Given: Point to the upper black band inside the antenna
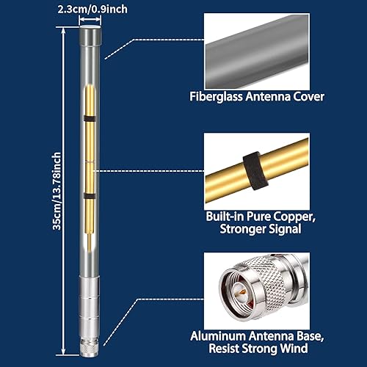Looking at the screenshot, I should [89, 118].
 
